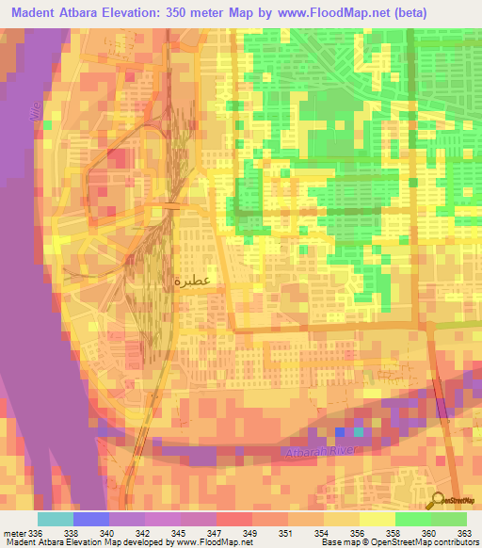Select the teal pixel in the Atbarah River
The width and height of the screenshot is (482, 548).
click(x=358, y=432)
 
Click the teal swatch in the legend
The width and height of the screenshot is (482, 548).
click(x=56, y=519)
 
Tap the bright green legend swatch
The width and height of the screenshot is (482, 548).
click(x=412, y=519)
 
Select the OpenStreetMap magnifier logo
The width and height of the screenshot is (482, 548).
click(x=437, y=501)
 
